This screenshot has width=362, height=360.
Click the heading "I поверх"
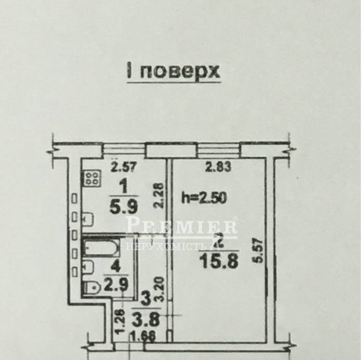coord(173,71)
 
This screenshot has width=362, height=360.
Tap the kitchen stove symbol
coord(92,178)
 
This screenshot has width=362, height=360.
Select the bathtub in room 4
coord(102,248)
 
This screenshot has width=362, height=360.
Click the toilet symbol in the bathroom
coord(92,288)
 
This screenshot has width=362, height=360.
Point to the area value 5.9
coord(124,206)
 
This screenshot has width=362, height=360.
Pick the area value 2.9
coord(116,284)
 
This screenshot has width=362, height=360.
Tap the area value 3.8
coord(146,319)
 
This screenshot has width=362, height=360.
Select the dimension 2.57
coord(124,167)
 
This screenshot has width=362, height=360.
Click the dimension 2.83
coord(218,167)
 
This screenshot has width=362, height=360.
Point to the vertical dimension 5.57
coord(259,251)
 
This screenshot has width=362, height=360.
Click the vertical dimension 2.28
coord(159,196)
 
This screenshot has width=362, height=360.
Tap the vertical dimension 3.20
coord(160,289)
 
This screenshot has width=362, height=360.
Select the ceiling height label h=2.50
coord(204,198)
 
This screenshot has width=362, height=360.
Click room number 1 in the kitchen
coord(124,187)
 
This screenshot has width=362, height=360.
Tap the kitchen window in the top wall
coord(123,151)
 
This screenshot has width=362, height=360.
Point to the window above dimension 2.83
coord(219,151)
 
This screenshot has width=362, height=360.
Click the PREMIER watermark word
coord(181,225)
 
